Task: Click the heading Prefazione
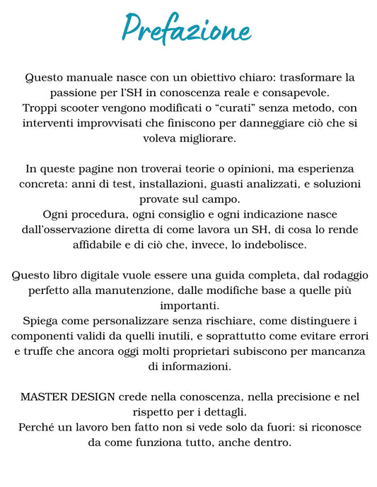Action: tap(187, 29)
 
